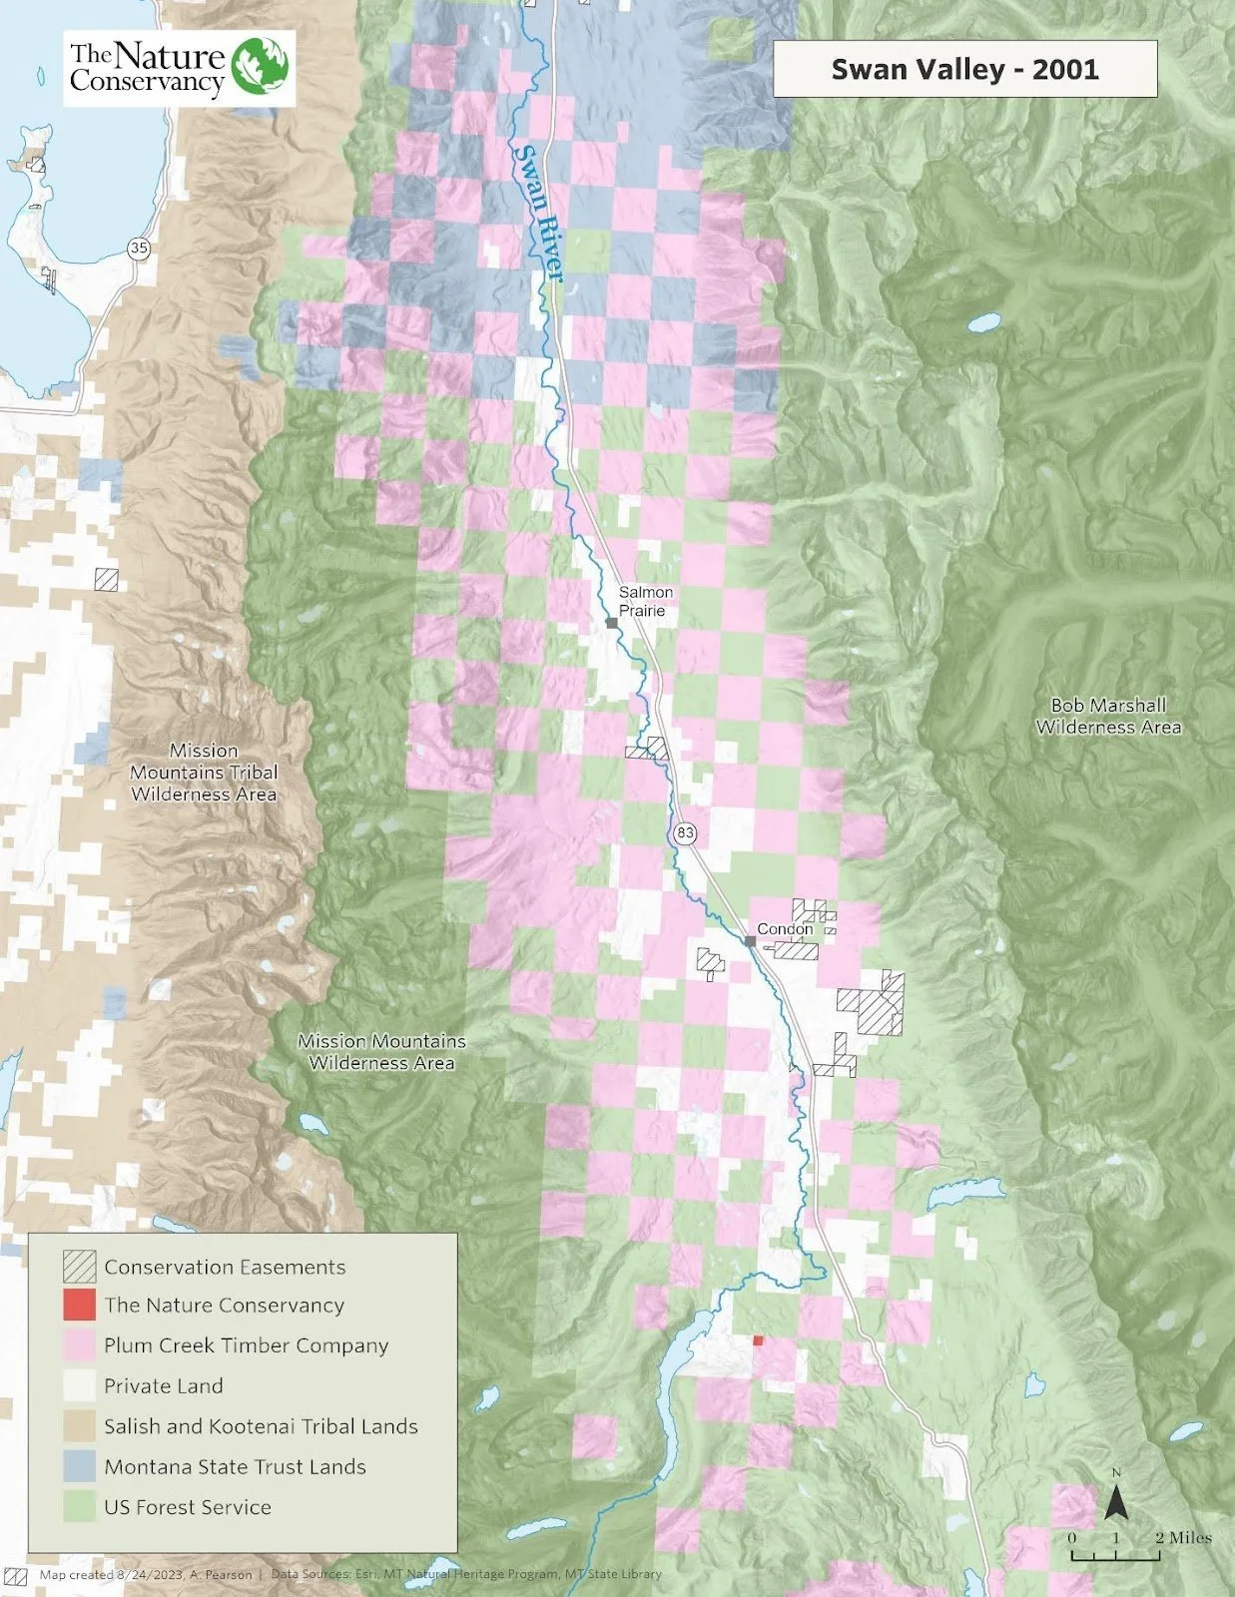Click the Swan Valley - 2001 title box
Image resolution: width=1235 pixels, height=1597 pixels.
point(964,69)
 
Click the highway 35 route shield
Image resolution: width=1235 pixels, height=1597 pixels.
point(140,250)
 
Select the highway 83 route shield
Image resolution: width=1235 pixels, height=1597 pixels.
point(685,833)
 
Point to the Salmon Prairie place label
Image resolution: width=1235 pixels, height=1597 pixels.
point(645,601)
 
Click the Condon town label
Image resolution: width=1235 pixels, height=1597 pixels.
point(785,928)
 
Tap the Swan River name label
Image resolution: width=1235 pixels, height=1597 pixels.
point(539,215)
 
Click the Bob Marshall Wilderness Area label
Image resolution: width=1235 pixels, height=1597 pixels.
point(1108,717)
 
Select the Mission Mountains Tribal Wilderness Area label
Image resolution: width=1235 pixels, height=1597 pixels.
point(204,772)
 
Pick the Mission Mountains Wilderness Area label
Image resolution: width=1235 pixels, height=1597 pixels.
point(381,1052)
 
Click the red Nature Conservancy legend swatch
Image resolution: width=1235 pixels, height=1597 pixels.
point(79,1306)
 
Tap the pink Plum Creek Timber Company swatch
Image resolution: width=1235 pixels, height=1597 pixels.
point(79,1345)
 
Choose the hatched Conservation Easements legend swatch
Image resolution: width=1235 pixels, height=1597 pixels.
point(79,1267)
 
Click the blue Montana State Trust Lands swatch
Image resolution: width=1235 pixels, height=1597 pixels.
point(79,1466)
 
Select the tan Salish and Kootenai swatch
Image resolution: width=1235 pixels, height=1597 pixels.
point(79,1426)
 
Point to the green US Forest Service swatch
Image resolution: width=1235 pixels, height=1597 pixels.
point(79,1507)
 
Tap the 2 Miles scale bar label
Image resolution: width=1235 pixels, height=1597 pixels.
point(1183,1537)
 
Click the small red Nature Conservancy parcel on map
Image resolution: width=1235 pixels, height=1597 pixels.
point(758,1340)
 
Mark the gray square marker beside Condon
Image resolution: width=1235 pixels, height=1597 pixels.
point(750,940)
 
